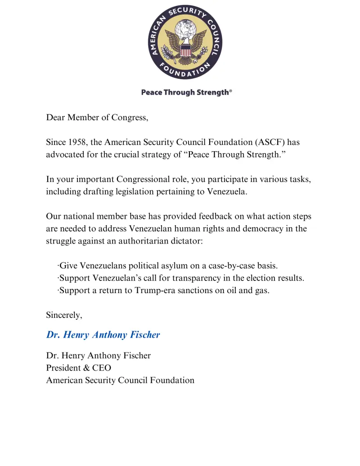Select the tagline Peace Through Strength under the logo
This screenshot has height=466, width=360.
185,92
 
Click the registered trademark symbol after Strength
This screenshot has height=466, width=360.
231,91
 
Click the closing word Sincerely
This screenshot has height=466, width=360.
64,315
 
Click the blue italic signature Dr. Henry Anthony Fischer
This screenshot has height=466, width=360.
103,335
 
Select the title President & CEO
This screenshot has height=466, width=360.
78,368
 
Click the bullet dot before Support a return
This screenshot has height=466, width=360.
58,290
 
